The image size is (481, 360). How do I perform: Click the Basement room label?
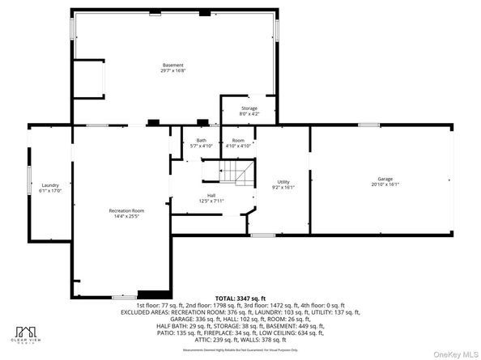pyautogui.click(x=172, y=65)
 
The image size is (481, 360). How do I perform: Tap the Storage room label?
pyautogui.click(x=249, y=108)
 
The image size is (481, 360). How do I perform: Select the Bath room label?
pyautogui.click(x=200, y=140)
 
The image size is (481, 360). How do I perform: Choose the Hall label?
pyautogui.click(x=211, y=195)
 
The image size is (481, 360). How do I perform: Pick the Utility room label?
pyautogui.click(x=283, y=181)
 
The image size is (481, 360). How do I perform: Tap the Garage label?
pyautogui.click(x=385, y=178)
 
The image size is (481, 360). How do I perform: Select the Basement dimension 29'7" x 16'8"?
pyautogui.click(x=172, y=70)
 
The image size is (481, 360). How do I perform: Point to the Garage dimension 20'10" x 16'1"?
pyautogui.click(x=385, y=184)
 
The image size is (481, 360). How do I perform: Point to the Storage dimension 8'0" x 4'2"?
pyautogui.click(x=249, y=113)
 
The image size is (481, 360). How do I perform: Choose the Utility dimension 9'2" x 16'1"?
pyautogui.click(x=283, y=187)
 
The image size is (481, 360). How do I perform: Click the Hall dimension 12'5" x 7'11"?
pyautogui.click(x=211, y=201)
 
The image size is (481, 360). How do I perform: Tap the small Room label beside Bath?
pyautogui.click(x=239, y=140)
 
